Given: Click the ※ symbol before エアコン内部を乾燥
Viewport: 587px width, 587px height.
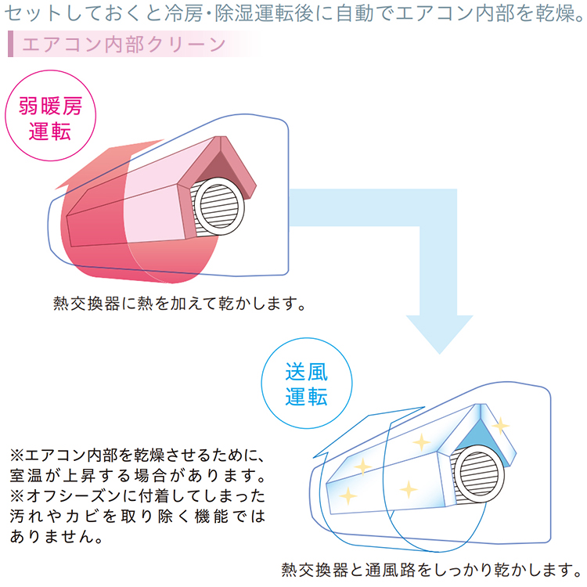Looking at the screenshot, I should coord(17,455).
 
